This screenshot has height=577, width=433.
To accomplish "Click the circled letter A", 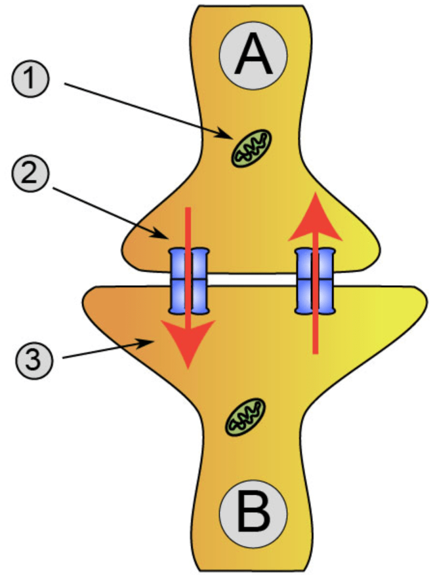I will pos(253,55).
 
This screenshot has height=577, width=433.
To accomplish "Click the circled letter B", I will pos(253,513).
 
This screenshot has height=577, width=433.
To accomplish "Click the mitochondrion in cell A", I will pos(251,148).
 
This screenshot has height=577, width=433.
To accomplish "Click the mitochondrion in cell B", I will pos(245,417).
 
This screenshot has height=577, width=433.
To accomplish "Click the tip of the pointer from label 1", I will pos(230,137).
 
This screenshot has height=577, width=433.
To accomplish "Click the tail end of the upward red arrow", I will pos(316,352).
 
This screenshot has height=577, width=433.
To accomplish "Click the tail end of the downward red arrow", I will pos(188,209).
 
